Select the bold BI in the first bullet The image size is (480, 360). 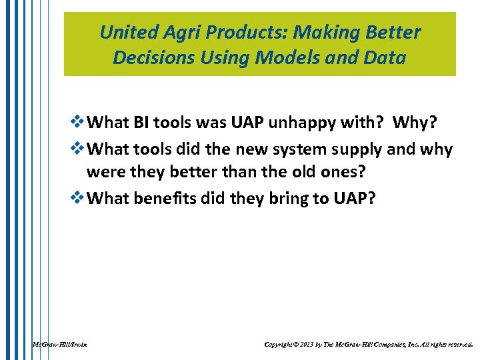coord(142,123)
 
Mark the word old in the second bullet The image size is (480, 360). coord(297,173)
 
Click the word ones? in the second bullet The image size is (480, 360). coord(340,173)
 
